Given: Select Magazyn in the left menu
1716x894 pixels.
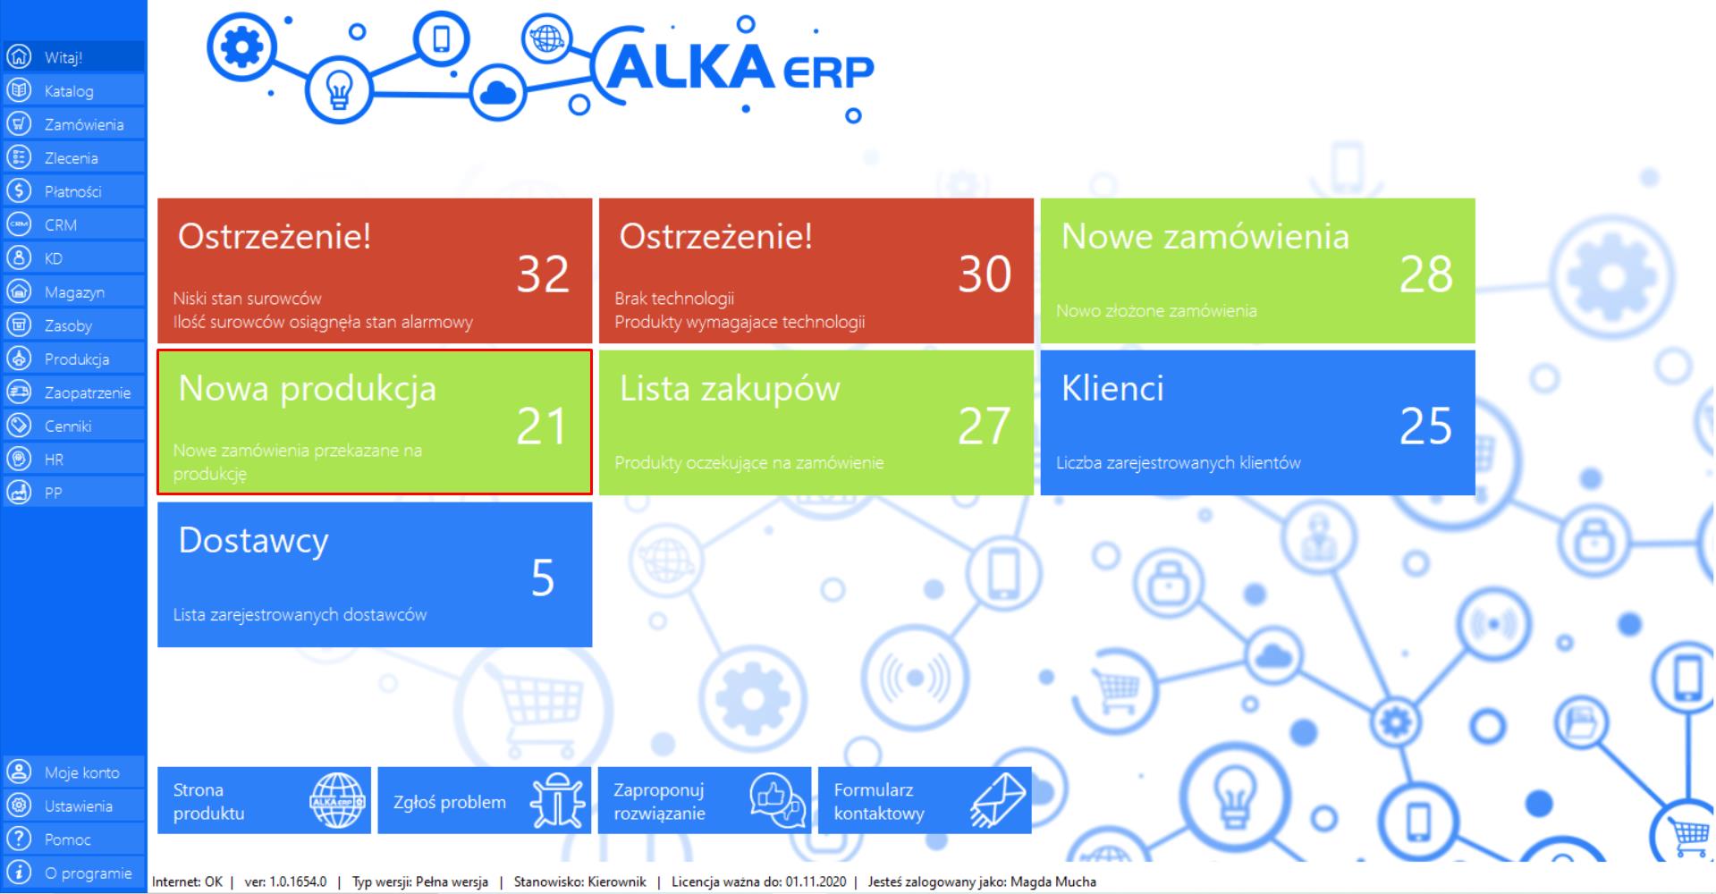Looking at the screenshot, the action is point(74,292).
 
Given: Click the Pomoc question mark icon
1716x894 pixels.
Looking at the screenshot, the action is point(19,839).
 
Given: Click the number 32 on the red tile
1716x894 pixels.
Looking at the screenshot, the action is point(543,274).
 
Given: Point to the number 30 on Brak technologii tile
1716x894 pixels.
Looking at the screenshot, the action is point(985,274).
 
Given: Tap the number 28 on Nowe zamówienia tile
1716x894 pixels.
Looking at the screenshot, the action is point(1426,274).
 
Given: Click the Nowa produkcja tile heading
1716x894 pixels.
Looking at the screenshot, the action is point(308,390).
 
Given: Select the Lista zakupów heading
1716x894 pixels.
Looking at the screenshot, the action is point(730,390).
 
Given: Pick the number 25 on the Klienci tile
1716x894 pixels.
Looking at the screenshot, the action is point(1426,426).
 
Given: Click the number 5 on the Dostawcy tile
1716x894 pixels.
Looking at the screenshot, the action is point(543,578).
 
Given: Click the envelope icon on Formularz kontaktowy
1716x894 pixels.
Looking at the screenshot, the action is point(998,800).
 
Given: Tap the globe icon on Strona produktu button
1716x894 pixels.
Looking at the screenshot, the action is point(337,800).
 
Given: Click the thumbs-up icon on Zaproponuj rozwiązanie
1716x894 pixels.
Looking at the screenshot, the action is point(777,800).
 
